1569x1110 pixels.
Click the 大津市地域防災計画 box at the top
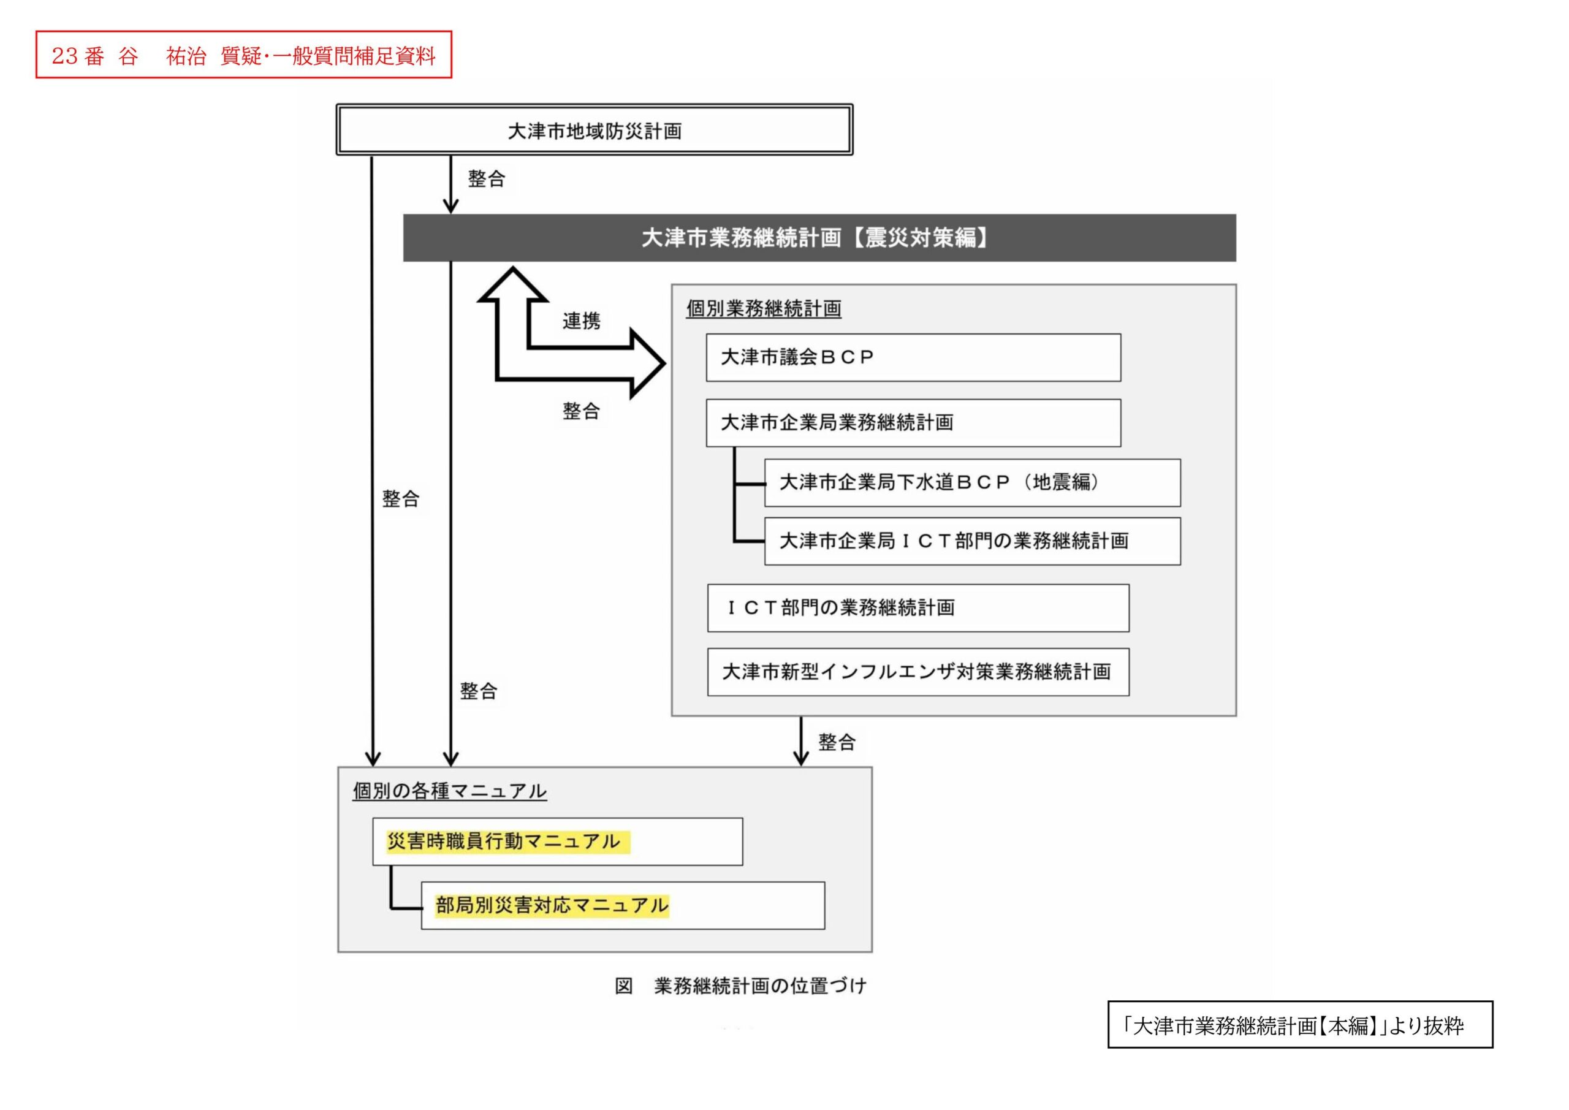click(x=594, y=130)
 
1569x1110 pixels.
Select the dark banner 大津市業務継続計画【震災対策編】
click(x=819, y=238)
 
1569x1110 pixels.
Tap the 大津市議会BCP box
click(x=913, y=357)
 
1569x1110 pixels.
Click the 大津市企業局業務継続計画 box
click(x=913, y=423)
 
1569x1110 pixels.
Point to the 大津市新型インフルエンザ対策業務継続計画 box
click(x=917, y=672)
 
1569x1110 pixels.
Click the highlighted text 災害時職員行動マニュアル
click(x=504, y=842)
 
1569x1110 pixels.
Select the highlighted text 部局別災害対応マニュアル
click(x=552, y=906)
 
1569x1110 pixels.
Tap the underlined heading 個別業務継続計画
click(x=763, y=308)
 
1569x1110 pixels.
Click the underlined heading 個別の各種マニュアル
click(x=450, y=791)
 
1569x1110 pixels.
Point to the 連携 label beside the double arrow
click(x=581, y=321)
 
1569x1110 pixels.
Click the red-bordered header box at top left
click(x=243, y=55)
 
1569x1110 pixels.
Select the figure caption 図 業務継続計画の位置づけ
click(x=740, y=986)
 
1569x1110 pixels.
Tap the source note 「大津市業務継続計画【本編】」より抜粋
click(x=1299, y=1025)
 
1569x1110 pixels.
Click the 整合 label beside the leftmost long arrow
click(x=400, y=498)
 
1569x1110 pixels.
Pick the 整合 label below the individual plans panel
click(x=837, y=742)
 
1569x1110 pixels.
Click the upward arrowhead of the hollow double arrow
click(x=512, y=283)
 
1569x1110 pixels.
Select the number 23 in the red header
click(x=65, y=55)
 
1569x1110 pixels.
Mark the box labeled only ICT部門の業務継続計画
click(x=917, y=607)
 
